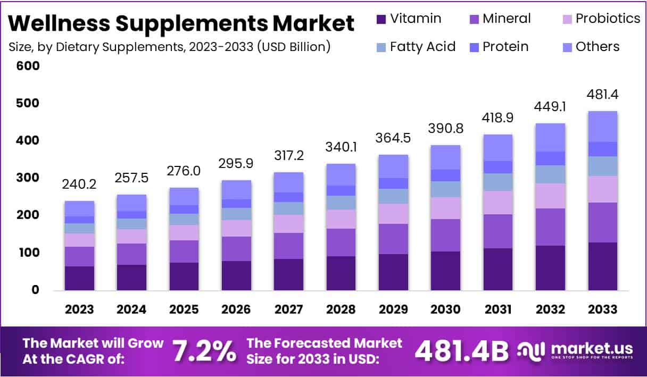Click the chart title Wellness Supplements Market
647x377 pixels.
tap(181, 23)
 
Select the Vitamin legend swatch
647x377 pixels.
tap(381, 19)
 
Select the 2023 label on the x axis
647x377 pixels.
tap(79, 309)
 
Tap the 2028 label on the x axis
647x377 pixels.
tap(341, 309)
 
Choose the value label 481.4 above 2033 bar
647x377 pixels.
tap(602, 95)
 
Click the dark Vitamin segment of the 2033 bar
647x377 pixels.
tap(602, 266)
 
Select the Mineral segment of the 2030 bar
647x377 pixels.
tap(445, 235)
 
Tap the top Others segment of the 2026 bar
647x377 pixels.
tap(236, 189)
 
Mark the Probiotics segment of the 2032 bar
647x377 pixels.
tap(550, 196)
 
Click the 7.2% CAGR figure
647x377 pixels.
tap(204, 351)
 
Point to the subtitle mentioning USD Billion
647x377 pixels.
tap(170, 47)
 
